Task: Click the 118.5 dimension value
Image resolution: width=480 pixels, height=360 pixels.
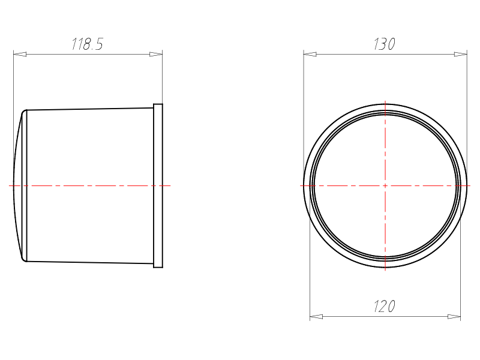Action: [87, 44]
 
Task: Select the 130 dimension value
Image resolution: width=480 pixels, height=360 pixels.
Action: [385, 44]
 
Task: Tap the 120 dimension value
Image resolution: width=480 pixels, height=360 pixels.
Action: [385, 306]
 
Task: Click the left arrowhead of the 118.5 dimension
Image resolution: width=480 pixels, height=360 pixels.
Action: [20, 54]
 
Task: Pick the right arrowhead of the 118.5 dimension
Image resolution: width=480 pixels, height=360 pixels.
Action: [156, 54]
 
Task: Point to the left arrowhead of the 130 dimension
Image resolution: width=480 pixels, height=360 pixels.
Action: [310, 54]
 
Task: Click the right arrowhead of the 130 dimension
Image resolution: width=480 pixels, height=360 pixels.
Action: [461, 54]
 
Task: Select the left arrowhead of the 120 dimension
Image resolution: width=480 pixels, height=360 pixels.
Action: [316, 317]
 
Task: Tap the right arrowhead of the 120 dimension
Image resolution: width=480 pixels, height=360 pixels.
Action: [454, 317]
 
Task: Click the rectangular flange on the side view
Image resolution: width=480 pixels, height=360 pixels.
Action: [158, 186]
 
